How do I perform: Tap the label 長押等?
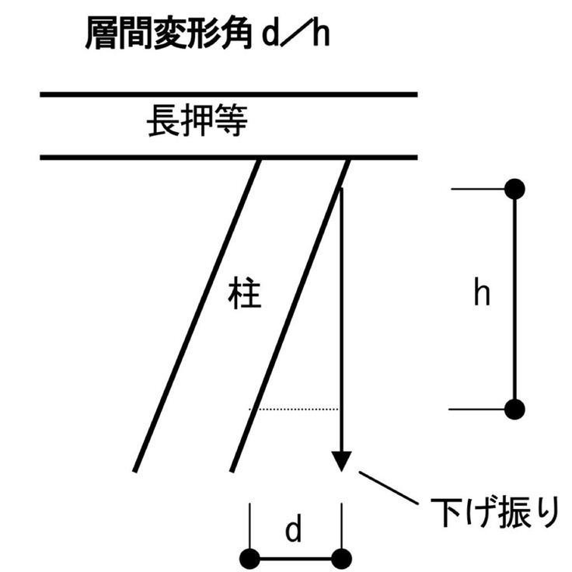pyautogui.click(x=197, y=124)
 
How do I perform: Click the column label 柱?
pyautogui.click(x=246, y=295)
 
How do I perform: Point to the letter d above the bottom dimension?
pyautogui.click(x=294, y=531)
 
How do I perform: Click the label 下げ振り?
pyautogui.click(x=494, y=512)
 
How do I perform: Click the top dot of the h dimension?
pyautogui.click(x=514, y=189)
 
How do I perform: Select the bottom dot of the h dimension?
pyautogui.click(x=514, y=409)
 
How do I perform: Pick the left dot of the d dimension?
pyautogui.click(x=250, y=558)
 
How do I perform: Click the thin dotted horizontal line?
pyautogui.click(x=294, y=409)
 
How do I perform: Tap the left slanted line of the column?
pyautogui.click(x=197, y=315)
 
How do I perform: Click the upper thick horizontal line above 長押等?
pyautogui.click(x=228, y=95)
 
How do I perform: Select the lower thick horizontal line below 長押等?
pyautogui.click(x=228, y=158)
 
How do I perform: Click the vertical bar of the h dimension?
pyautogui.click(x=514, y=299)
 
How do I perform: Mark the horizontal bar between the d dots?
pyautogui.click(x=295, y=558)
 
